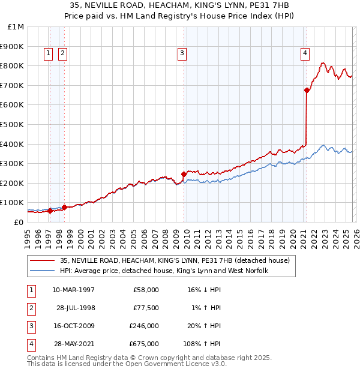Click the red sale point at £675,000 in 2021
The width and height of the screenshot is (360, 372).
pos(307,90)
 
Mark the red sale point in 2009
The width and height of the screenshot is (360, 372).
pos(184,174)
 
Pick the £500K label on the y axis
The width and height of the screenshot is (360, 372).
pos(13,124)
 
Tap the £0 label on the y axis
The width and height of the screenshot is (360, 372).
pos(18,222)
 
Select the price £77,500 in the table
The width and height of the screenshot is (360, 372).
pos(145,308)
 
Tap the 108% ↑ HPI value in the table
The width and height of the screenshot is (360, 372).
pos(203,344)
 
